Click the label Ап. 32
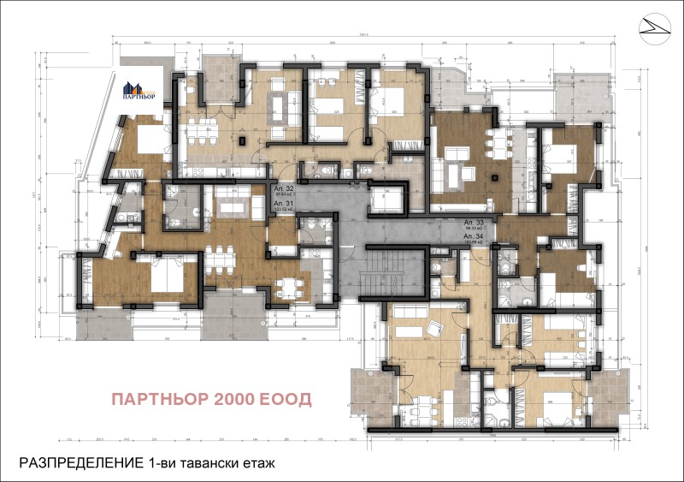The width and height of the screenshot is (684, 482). coord(284,187)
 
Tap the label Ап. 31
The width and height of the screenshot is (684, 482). coord(284,202)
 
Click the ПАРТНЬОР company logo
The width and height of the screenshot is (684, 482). coord(141,90)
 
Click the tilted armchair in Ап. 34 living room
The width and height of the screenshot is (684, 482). coord(435,326)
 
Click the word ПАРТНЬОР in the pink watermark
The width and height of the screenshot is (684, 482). coord(162,400)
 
